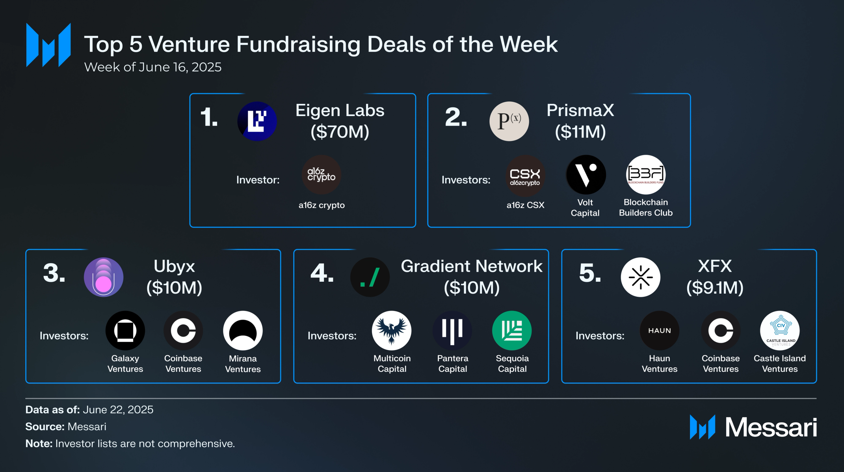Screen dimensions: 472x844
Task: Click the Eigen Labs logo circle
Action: coord(257,121)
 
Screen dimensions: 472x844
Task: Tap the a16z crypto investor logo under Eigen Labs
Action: coord(322,174)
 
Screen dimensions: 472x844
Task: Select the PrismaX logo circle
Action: coord(509,121)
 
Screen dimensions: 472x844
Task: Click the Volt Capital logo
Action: coord(586,174)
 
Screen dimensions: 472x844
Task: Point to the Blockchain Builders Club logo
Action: coord(646,174)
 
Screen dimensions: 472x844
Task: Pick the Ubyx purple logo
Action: coord(104,277)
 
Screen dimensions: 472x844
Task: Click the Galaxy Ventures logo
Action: coord(125,331)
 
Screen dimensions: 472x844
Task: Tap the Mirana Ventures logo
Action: coord(243,331)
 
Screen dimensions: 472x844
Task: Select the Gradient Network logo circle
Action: coord(370,277)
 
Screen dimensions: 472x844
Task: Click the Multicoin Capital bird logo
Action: coord(392,331)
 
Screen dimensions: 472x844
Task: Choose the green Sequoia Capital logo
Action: coord(512,331)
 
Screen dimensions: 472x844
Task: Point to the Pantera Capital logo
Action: coord(452,331)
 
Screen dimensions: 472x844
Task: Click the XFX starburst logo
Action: coord(640,277)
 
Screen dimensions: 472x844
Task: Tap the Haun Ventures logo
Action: coord(660,331)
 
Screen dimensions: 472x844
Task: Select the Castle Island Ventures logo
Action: coord(780,331)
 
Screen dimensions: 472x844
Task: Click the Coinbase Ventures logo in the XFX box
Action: coord(721,331)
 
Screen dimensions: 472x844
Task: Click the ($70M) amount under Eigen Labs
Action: coord(340,132)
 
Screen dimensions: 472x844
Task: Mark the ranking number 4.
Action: coord(322,273)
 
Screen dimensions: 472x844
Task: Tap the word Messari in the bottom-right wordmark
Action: coord(771,427)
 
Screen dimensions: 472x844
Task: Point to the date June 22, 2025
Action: coord(118,410)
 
